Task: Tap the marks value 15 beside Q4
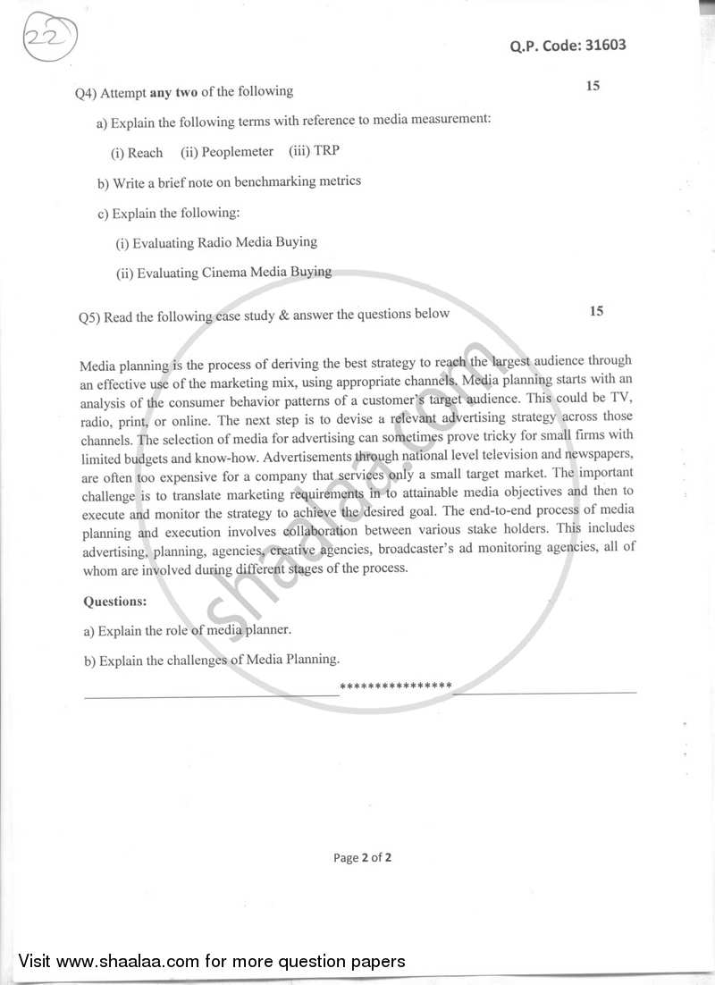(x=593, y=86)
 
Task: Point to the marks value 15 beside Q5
(x=597, y=311)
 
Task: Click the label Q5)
(x=89, y=316)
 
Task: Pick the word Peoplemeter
(x=237, y=151)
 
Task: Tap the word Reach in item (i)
(x=145, y=153)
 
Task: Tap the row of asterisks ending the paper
(x=397, y=686)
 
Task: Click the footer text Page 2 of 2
(x=362, y=857)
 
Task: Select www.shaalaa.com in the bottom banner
(x=117, y=961)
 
